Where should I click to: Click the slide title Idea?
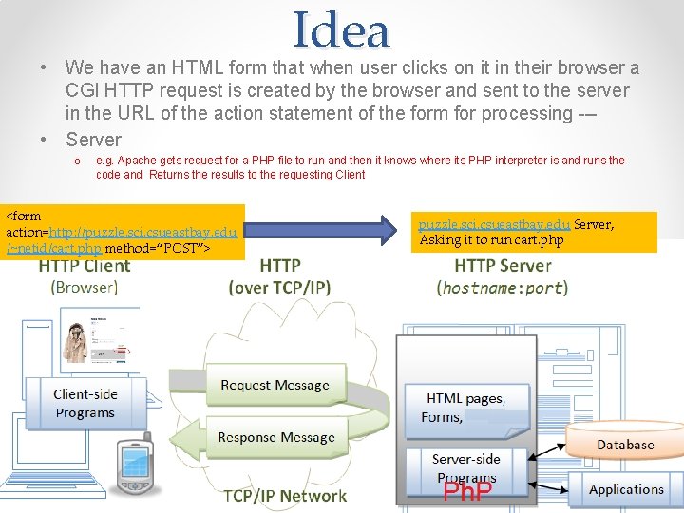(342, 30)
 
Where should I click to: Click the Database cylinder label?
(625, 445)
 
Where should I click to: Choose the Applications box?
(626, 489)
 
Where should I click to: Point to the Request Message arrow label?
(275, 385)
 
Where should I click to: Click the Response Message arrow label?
(275, 438)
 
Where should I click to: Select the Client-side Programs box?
(85, 403)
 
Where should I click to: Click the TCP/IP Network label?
(285, 496)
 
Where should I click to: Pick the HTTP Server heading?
(503, 266)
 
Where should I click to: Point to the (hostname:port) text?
(503, 286)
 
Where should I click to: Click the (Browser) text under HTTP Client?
(85, 286)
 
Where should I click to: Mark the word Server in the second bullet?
(93, 139)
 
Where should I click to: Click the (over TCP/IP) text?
(280, 286)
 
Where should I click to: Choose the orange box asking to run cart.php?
(537, 232)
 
